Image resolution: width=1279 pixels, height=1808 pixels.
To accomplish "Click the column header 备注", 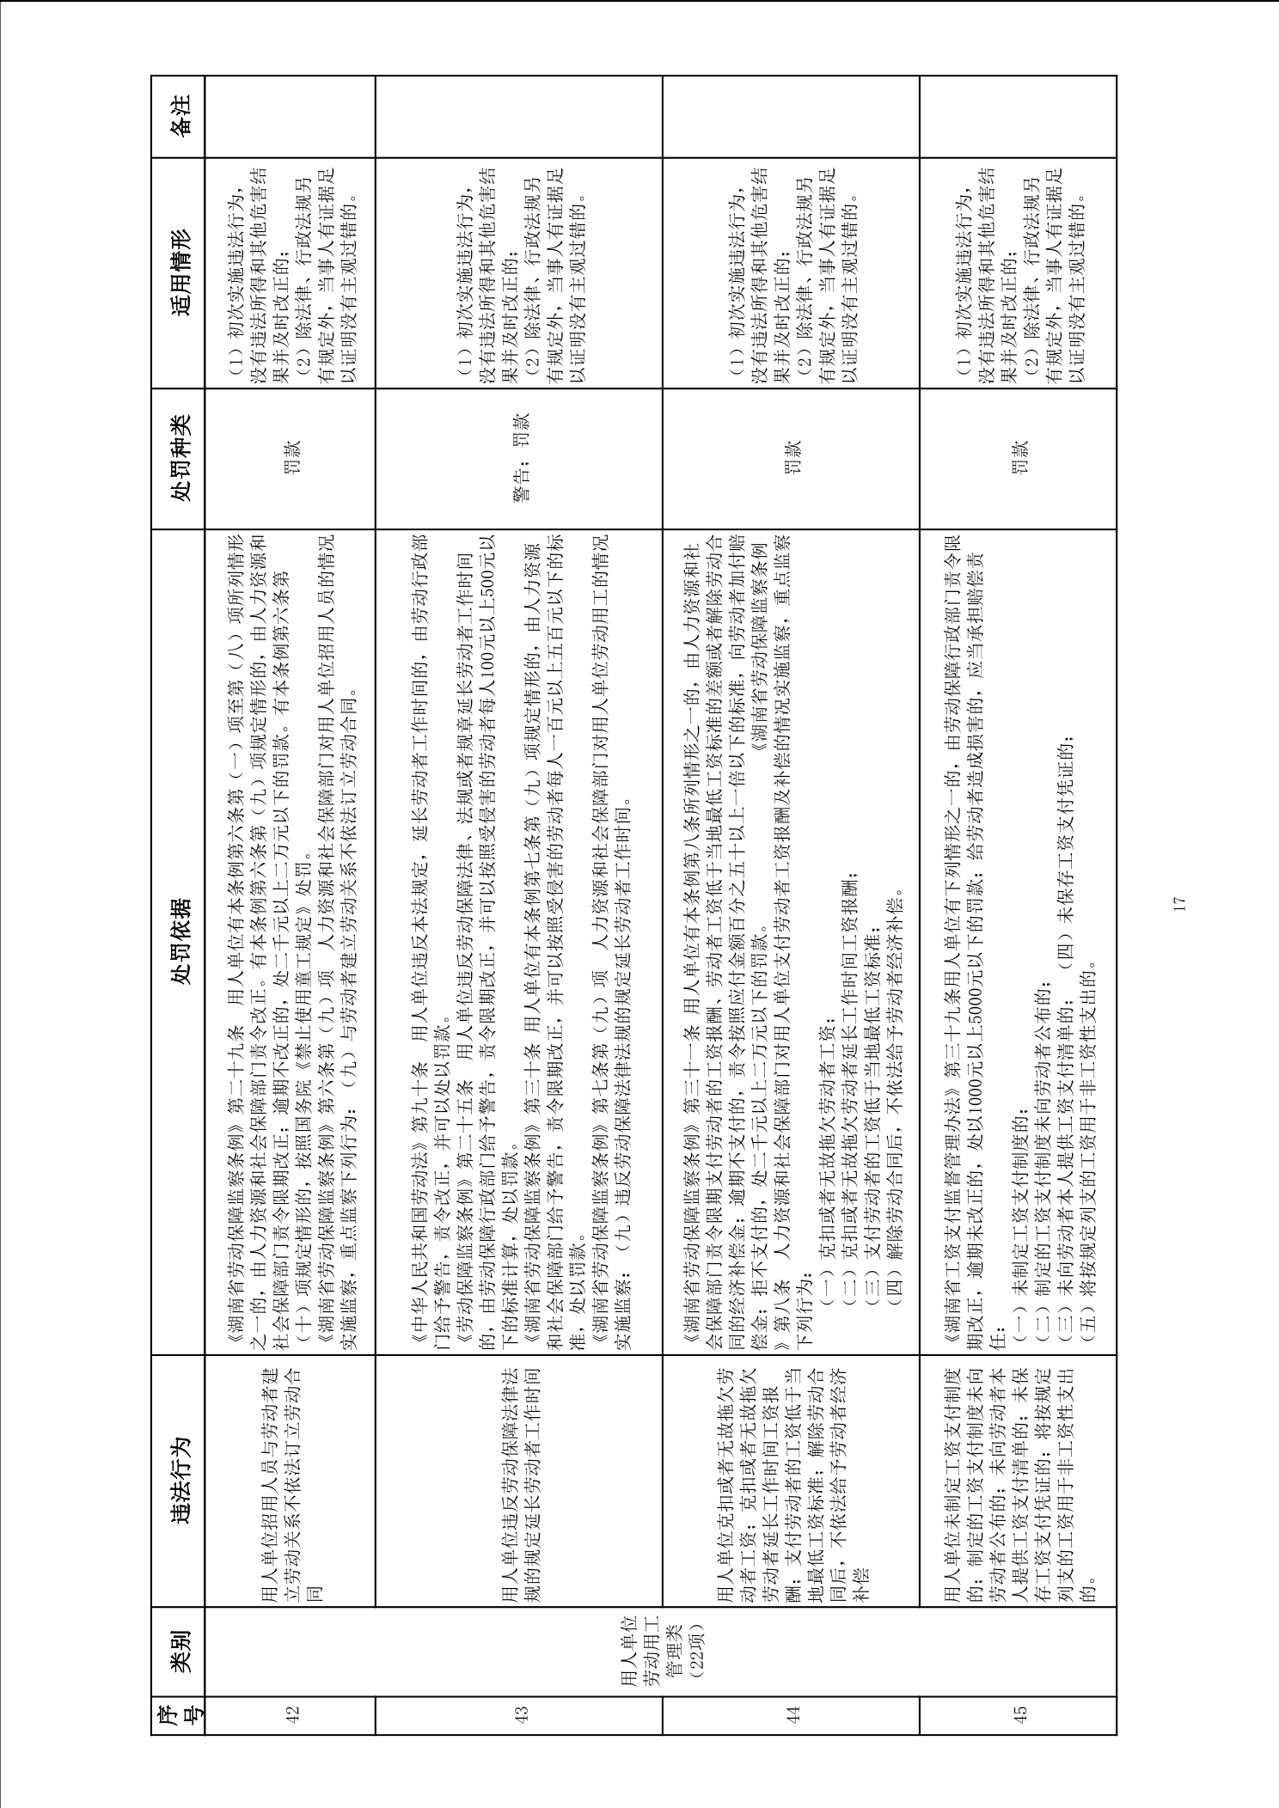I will coord(179,117).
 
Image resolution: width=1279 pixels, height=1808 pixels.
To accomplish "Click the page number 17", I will coord(1179,903).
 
